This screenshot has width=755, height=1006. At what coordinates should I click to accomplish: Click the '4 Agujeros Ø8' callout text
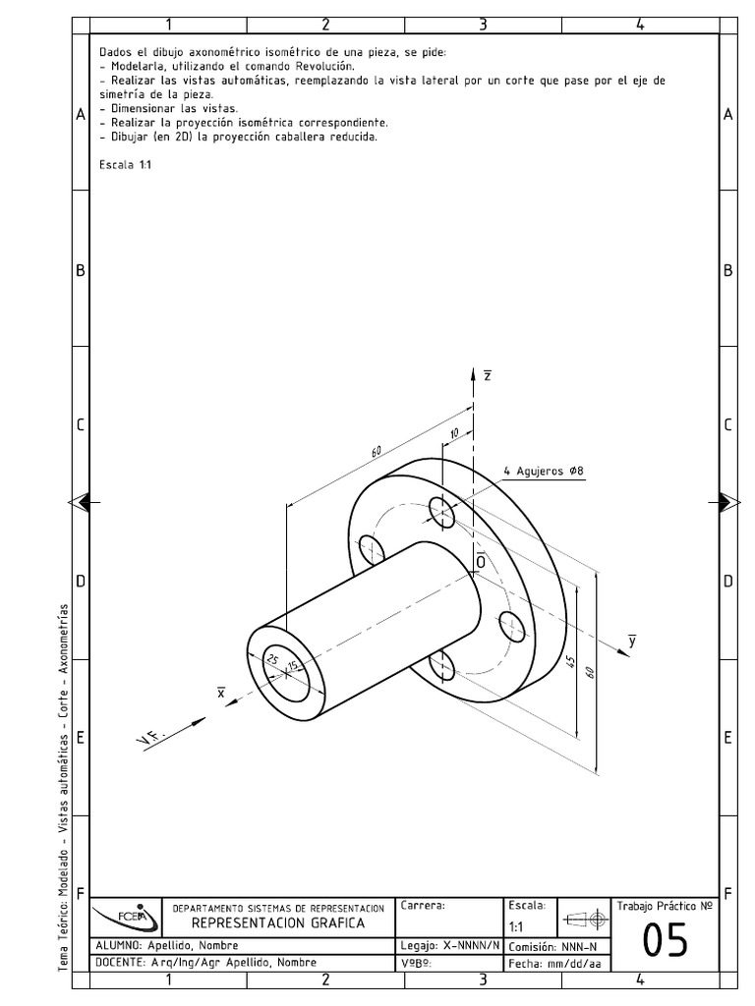(x=543, y=471)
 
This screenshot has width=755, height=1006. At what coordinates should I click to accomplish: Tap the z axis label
(x=488, y=375)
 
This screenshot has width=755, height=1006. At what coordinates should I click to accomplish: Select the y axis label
(x=632, y=641)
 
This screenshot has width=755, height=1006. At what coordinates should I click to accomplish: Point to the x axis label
(x=221, y=694)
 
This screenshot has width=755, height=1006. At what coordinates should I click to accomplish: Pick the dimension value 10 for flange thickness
(x=454, y=433)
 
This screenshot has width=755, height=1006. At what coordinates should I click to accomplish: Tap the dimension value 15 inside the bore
(x=292, y=668)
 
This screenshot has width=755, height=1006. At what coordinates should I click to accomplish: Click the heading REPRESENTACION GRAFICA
(x=277, y=923)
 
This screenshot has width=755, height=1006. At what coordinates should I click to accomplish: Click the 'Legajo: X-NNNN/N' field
(x=450, y=945)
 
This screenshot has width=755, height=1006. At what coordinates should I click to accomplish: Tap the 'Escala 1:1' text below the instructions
(x=125, y=165)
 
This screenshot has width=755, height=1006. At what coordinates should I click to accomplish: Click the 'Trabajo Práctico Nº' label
(x=665, y=905)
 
